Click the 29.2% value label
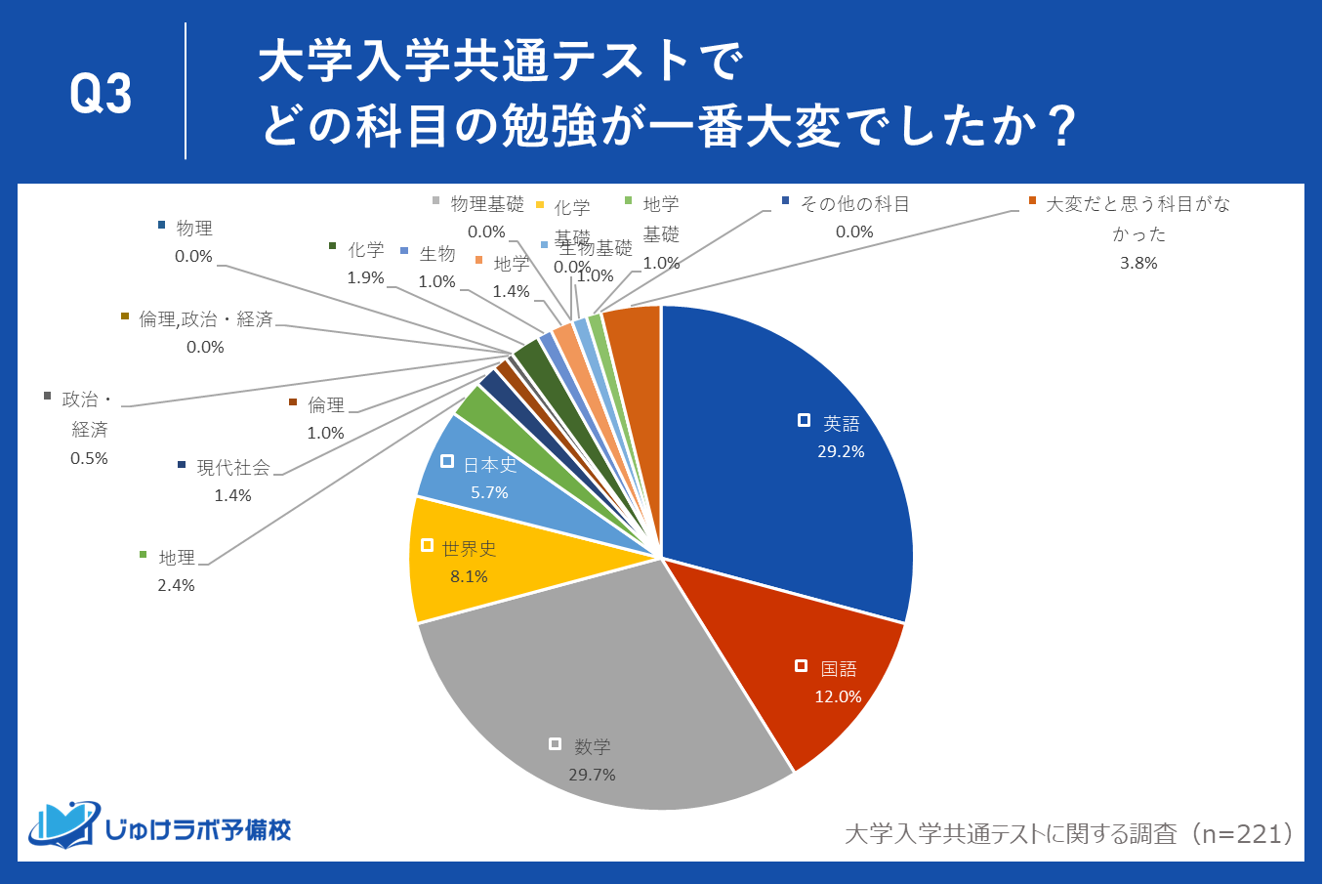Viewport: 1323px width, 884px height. click(x=841, y=451)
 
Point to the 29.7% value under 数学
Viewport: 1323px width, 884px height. click(x=592, y=775)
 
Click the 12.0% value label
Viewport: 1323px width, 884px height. click(x=838, y=696)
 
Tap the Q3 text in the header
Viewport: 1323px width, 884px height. click(x=101, y=94)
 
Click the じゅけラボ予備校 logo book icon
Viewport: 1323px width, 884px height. click(x=64, y=825)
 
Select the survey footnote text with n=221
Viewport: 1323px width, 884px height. click(x=1069, y=833)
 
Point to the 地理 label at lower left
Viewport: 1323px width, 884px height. click(x=177, y=558)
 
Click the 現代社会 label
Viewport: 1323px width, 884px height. click(x=233, y=468)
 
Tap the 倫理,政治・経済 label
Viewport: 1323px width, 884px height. click(x=206, y=319)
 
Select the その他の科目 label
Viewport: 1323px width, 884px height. click(x=854, y=204)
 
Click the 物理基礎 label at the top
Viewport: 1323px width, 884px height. click(x=486, y=204)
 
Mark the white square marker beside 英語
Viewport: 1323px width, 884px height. click(x=804, y=420)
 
